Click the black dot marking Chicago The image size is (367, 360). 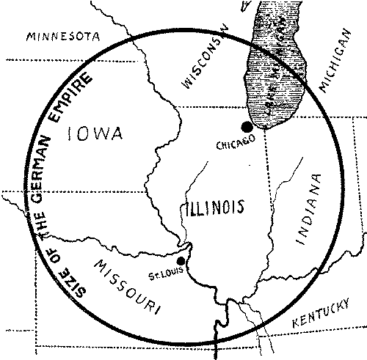[x=247, y=128]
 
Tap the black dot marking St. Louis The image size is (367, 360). [x=181, y=261]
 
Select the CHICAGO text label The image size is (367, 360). [x=236, y=144]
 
